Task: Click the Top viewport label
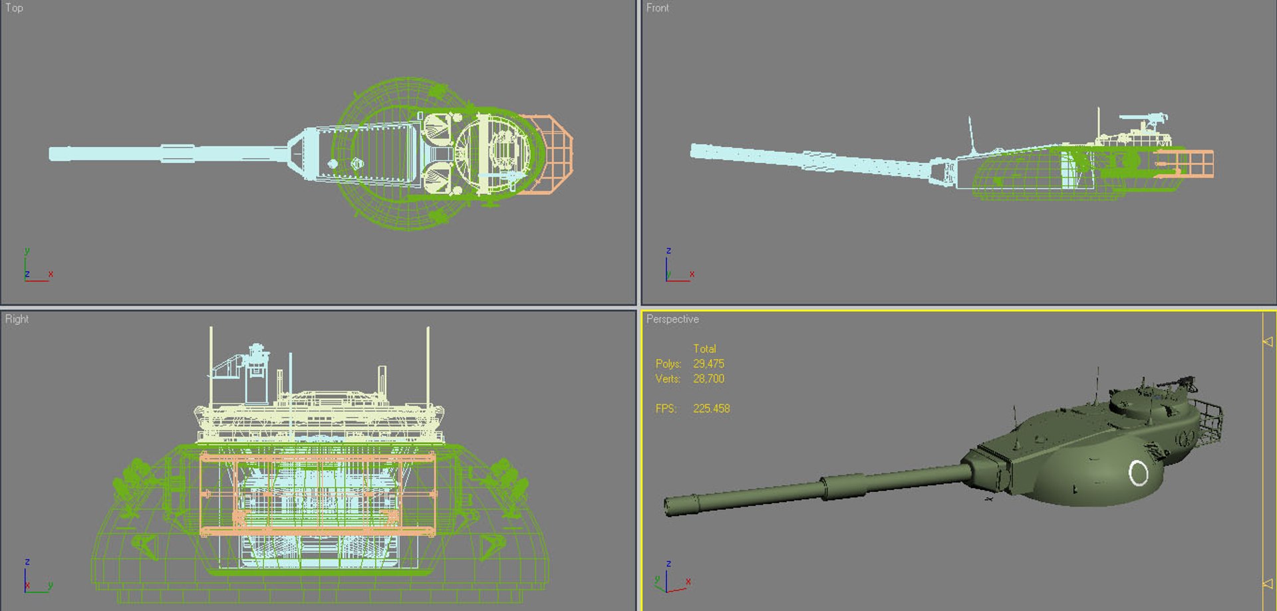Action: click(x=14, y=8)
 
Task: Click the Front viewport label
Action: click(x=657, y=8)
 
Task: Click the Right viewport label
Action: click(x=17, y=319)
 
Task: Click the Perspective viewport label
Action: click(x=672, y=319)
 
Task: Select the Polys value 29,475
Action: click(x=708, y=364)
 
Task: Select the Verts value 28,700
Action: click(x=708, y=379)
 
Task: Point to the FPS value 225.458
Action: click(x=711, y=408)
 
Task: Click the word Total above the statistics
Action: click(x=704, y=348)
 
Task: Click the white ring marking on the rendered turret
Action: click(x=1138, y=473)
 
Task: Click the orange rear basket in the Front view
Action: click(x=1187, y=164)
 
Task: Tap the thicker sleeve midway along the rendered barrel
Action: click(x=843, y=486)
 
